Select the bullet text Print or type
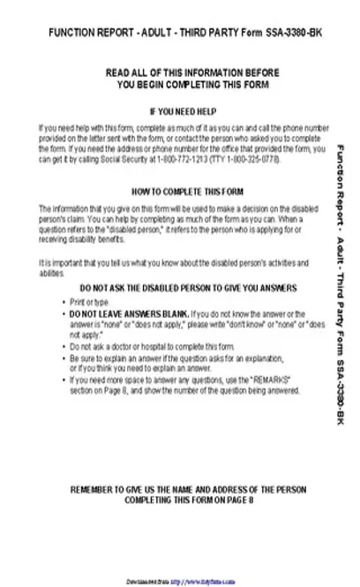coord(90,302)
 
